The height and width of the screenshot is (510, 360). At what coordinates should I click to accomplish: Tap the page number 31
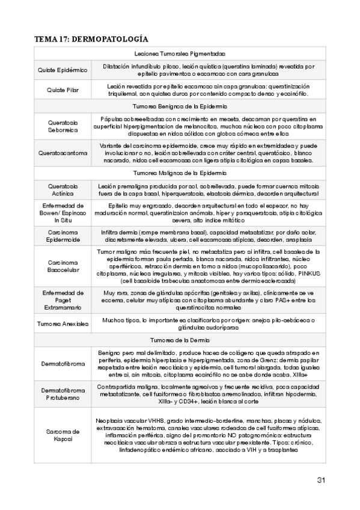(320, 480)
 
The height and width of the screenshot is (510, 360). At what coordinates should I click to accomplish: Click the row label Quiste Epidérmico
(63, 70)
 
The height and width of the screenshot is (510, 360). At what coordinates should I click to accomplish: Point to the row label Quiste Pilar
(63, 90)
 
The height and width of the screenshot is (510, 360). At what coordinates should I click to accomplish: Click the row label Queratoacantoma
(63, 153)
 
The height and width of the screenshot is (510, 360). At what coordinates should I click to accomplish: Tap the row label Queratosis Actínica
(63, 189)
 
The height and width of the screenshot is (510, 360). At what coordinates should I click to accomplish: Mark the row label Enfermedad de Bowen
(63, 212)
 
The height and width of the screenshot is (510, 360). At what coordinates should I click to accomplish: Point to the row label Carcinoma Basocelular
(63, 266)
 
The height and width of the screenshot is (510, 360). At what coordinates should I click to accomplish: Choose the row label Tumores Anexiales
(63, 324)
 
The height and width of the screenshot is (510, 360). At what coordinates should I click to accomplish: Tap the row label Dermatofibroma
(63, 364)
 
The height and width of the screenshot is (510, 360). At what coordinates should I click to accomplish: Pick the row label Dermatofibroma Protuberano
(63, 393)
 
